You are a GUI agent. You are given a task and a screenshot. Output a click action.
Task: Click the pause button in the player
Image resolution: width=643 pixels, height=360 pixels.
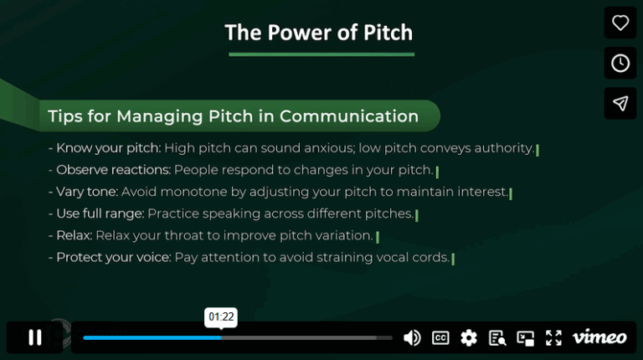(35, 337)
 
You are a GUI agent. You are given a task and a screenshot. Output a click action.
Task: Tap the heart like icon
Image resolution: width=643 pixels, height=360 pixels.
(620, 23)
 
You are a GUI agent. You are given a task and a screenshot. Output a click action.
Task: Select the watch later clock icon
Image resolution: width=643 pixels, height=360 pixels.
(620, 63)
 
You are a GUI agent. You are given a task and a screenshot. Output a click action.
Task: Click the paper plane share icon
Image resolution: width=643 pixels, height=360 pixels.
(620, 103)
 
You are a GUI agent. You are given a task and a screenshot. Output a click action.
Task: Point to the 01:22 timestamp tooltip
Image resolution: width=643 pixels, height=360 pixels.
(221, 317)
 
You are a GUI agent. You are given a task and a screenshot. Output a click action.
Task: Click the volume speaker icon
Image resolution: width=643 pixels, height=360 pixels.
(412, 337)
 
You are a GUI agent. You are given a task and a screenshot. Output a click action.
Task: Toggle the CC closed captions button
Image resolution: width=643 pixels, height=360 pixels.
(440, 337)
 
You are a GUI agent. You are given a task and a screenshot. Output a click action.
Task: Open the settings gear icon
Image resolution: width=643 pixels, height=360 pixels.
(469, 337)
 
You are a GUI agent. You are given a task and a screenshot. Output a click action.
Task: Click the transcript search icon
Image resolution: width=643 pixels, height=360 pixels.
(497, 338)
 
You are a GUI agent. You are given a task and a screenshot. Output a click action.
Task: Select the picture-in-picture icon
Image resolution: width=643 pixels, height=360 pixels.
(525, 338)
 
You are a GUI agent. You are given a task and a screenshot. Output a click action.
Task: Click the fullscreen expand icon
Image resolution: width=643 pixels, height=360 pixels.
(553, 337)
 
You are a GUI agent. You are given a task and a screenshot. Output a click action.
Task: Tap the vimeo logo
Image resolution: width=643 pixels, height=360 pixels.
(599, 337)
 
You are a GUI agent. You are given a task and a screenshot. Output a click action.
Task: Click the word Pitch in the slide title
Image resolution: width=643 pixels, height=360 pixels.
(384, 33)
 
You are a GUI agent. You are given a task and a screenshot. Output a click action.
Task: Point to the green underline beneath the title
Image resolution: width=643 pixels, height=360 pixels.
(321, 54)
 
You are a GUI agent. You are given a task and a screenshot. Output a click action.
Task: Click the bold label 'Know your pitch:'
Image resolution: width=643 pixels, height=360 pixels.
(108, 148)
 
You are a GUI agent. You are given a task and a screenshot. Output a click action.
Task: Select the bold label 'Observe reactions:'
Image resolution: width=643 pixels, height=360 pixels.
(113, 170)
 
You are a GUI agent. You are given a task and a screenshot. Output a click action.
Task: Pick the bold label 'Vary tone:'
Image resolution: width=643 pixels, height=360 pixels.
(87, 192)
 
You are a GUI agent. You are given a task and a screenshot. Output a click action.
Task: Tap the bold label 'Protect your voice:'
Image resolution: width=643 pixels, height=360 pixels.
(113, 257)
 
